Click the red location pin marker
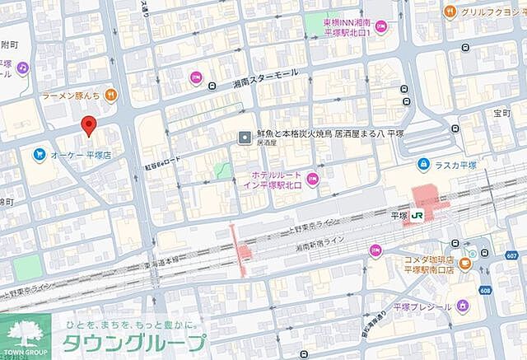[89, 126]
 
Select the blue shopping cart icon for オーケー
[39, 154]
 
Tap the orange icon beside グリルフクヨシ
[450, 11]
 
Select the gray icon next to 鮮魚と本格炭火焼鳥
[244, 137]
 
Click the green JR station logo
[417, 216]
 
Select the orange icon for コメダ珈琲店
[465, 264]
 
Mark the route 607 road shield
[511, 256]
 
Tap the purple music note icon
[22, 66]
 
